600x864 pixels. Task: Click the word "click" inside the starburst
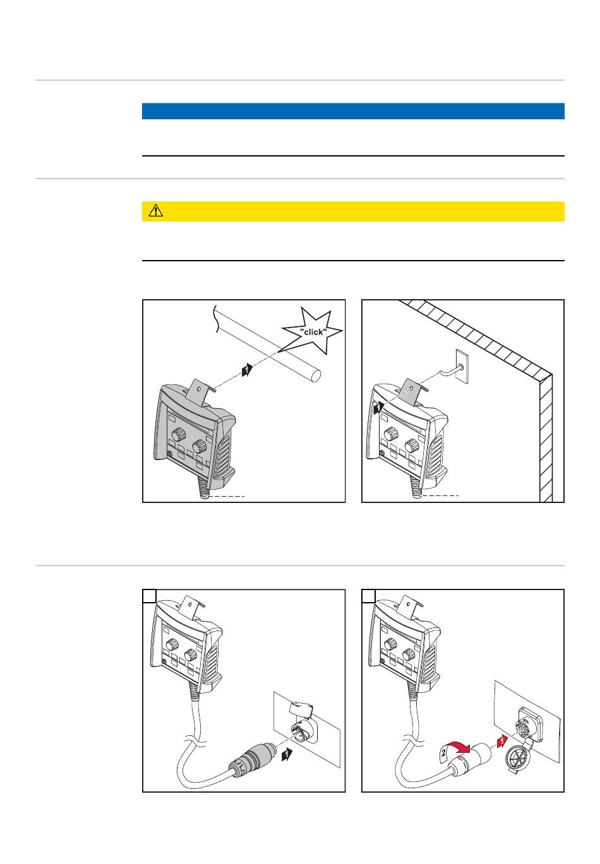tap(313, 332)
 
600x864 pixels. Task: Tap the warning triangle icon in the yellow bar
tap(155, 211)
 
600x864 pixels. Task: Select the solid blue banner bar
tap(353, 111)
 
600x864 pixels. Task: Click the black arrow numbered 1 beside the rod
tap(247, 370)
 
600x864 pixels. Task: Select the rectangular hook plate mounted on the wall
tap(462, 366)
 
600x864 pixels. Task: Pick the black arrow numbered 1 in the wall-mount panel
tap(378, 408)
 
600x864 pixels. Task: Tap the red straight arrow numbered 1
tap(501, 740)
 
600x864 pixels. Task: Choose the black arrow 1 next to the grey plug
tap(287, 754)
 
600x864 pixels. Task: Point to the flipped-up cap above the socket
tap(301, 707)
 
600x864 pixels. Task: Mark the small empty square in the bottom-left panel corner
tap(150, 596)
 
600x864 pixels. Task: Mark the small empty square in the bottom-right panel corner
tap(368, 596)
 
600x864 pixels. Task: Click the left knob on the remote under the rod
tap(178, 435)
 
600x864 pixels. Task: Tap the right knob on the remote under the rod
tap(199, 446)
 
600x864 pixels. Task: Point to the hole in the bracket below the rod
tap(199, 389)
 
